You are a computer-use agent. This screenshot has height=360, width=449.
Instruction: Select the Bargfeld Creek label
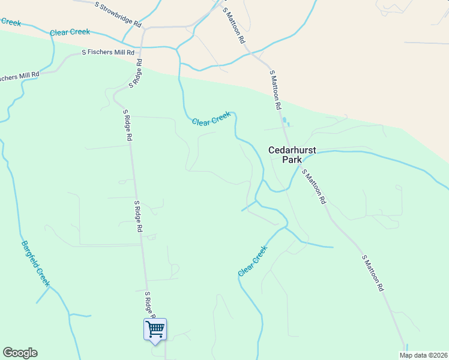coord(35,263)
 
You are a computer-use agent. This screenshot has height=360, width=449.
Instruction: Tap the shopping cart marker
coord(155,329)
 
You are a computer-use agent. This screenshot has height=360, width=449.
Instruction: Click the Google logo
coord(20,353)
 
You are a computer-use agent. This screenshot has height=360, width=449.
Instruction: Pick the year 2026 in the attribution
coord(438,355)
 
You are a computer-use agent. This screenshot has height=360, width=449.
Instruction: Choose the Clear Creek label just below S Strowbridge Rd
coord(70,32)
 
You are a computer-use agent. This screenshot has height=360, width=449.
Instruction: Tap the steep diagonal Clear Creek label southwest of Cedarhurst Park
coord(252,262)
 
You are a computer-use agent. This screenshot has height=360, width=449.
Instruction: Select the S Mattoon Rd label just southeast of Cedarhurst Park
coord(314,187)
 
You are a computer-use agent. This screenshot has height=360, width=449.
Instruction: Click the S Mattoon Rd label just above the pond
coord(276,89)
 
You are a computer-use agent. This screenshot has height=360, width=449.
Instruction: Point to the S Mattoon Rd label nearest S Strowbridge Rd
coord(234,25)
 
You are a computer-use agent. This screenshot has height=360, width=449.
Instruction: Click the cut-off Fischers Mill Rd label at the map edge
coord(19,77)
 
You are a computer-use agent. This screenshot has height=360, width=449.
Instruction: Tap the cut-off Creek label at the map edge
coord(10,22)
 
